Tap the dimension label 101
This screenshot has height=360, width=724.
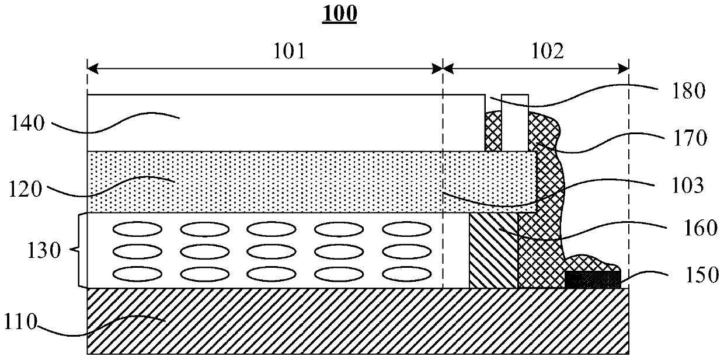289,53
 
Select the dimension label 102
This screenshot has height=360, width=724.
548,53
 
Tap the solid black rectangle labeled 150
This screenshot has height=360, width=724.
593,279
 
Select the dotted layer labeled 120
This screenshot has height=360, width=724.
292,181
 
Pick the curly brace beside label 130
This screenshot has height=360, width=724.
77,250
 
